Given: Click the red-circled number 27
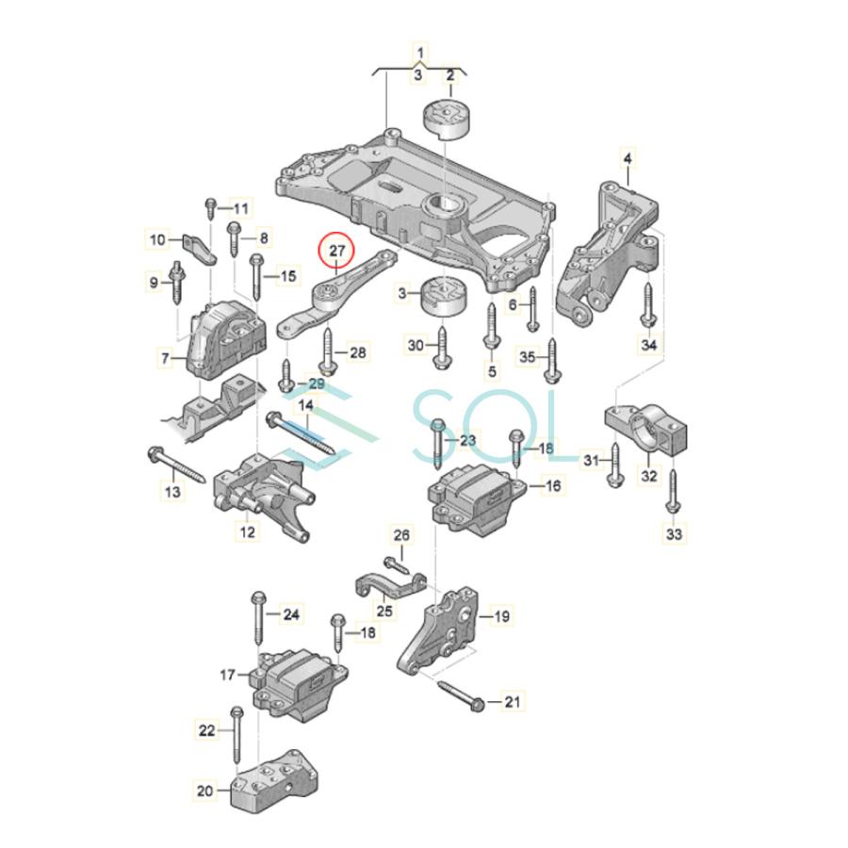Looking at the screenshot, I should click(x=336, y=252).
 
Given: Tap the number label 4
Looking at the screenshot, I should click(x=628, y=156).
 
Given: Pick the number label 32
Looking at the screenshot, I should click(x=649, y=476).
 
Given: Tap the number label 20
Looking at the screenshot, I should click(x=205, y=791).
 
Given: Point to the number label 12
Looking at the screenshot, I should click(x=247, y=532).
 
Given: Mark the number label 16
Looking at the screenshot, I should click(x=552, y=486).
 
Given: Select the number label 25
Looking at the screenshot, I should click(x=384, y=612).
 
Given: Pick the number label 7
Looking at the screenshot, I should click(x=166, y=358).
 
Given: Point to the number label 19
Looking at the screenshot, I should click(x=501, y=616).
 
